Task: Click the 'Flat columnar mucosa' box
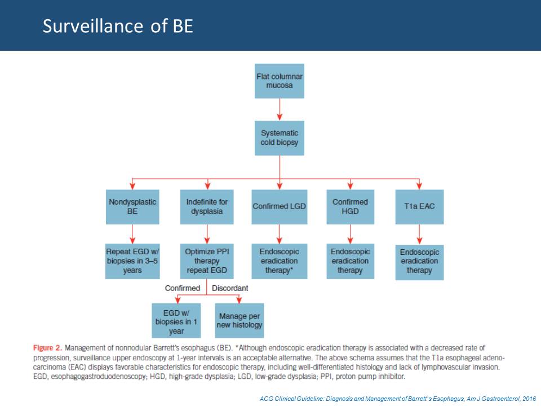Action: point(280,81)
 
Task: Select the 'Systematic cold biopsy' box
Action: point(280,138)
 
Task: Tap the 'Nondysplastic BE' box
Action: point(132,207)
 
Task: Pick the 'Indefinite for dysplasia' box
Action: point(207,207)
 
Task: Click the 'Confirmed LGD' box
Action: point(280,207)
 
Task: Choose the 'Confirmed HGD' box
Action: point(350,207)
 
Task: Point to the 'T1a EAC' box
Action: point(419,207)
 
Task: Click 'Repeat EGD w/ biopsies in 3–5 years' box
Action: point(132,261)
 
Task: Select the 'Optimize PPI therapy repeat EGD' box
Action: point(207,261)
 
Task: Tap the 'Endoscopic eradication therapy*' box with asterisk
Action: point(280,261)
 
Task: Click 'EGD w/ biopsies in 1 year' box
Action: point(176,321)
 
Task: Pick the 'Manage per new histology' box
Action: point(240,321)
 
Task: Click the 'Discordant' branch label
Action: point(230,288)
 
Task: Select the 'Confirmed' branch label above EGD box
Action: point(182,288)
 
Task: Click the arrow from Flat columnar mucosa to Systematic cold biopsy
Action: point(280,109)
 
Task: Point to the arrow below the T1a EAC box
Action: point(419,235)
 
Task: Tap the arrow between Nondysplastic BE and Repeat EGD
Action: point(132,234)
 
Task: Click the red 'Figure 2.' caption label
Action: point(47,348)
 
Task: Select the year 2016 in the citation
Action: point(529,399)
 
